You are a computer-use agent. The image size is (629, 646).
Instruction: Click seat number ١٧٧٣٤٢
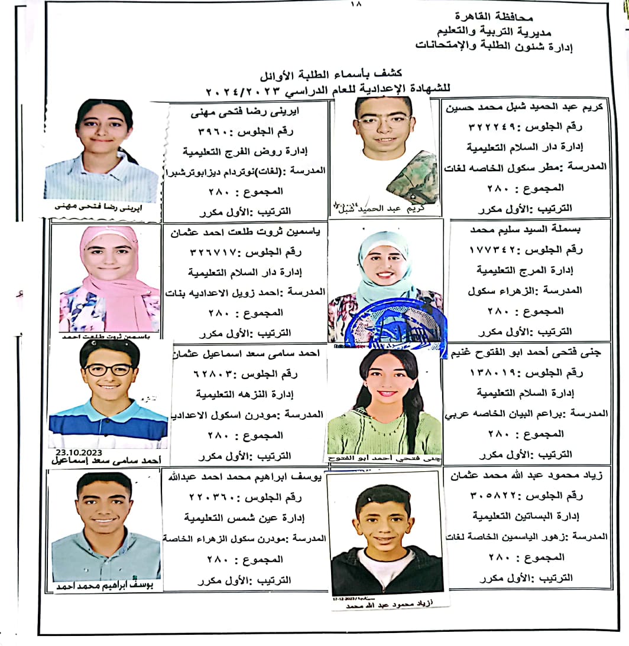coord(490,250)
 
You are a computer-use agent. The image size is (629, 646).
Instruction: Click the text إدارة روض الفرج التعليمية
coord(247,151)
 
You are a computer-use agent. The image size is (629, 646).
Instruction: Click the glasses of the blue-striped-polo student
coord(108,370)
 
